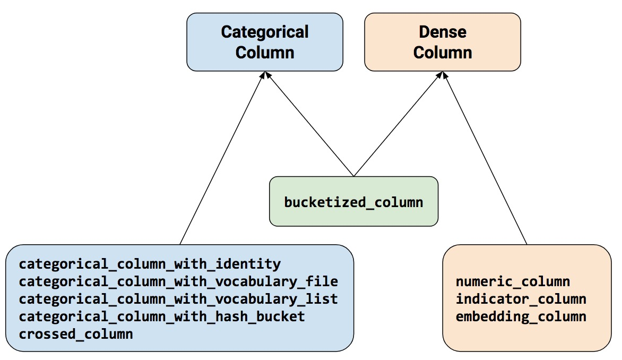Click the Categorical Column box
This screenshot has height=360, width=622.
pos(264,42)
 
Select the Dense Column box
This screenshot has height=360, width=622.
pos(442,42)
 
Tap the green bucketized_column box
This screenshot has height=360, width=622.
pos(353,202)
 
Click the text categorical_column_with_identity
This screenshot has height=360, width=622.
pos(150,264)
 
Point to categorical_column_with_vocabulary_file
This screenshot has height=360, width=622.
pos(178,281)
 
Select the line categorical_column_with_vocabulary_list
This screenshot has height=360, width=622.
pos(178,299)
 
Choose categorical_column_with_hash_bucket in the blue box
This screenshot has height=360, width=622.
pos(162,317)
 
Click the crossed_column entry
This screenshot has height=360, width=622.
pos(76,335)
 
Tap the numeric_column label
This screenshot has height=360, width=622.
pos(513,281)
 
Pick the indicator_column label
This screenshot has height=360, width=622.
pos(521,299)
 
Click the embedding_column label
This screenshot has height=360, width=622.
pos(521,317)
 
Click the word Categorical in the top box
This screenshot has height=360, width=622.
pos(264,32)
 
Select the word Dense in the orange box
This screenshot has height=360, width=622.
pos(442,32)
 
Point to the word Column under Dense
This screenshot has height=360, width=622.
pos(442,53)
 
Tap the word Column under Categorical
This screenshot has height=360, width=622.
pos(264,53)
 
